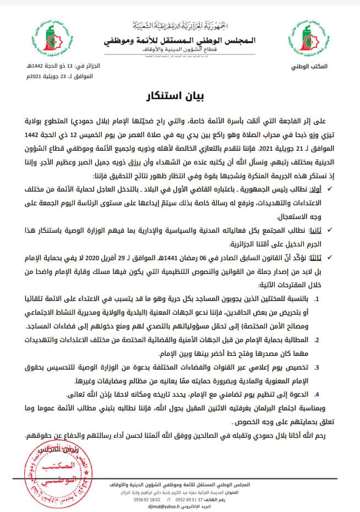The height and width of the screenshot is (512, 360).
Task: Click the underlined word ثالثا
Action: click(x=314, y=256)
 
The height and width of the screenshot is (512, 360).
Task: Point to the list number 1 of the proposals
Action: click(x=324, y=299)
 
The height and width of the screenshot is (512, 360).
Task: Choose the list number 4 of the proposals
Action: click(x=323, y=394)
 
